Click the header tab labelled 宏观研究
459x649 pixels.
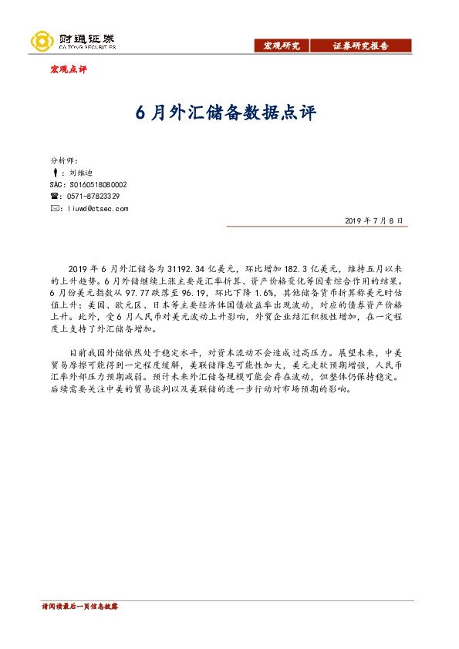pos(282,46)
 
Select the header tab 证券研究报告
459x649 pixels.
pos(360,46)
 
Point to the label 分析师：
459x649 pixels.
pos(64,160)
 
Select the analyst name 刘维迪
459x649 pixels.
pos(79,173)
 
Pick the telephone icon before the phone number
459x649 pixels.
pos(53,197)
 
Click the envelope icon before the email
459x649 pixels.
pos(53,208)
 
